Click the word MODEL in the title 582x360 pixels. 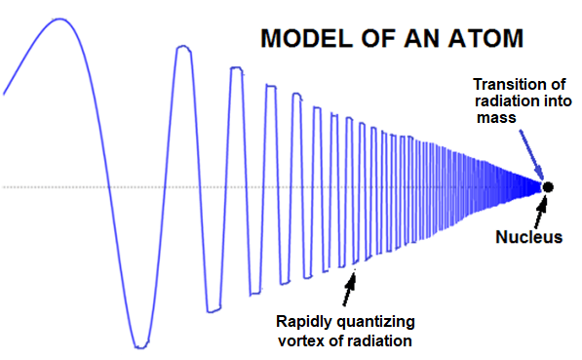click(306, 38)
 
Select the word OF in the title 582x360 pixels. click(379, 38)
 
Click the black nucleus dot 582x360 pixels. click(548, 187)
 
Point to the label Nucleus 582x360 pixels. click(529, 237)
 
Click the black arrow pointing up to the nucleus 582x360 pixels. click(541, 211)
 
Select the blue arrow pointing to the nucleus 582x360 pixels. click(531, 155)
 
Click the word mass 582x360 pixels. click(496, 118)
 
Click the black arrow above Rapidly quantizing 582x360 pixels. click(349, 290)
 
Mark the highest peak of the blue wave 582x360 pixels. click(59, 19)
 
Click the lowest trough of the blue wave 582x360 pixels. click(140, 346)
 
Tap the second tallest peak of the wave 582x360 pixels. click(183, 47)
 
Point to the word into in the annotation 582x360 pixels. click(557, 101)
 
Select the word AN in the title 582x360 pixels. click(423, 38)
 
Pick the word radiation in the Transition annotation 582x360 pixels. click(507, 101)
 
